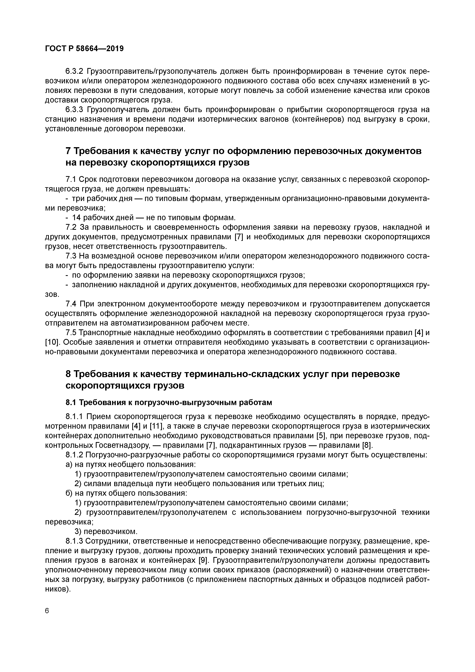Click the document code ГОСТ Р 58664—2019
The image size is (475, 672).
pos(84,49)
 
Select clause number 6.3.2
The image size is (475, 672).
pos(74,71)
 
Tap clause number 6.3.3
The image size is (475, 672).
pos(74,110)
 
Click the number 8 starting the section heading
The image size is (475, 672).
pos(68,374)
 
